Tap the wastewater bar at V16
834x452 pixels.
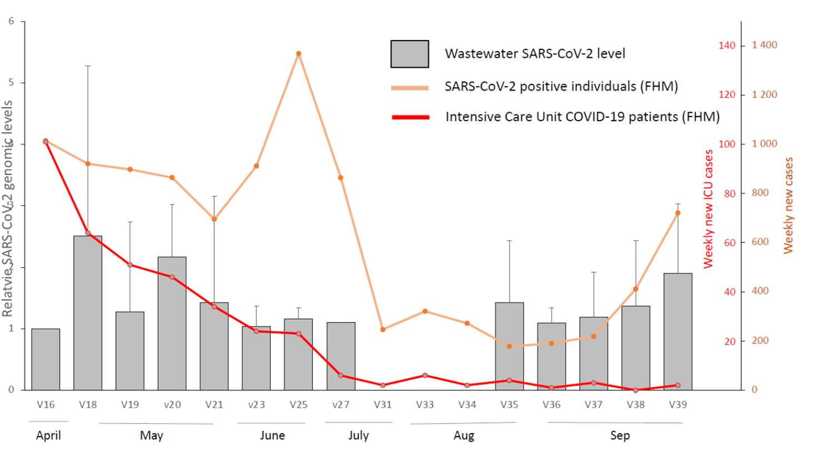pos(46,359)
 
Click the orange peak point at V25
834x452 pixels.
pos(298,54)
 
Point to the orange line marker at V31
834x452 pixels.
pos(383,330)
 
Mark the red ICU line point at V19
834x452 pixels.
pos(130,265)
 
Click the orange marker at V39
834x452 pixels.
pos(677,213)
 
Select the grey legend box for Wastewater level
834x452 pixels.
pos(409,54)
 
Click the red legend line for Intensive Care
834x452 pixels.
pos(410,117)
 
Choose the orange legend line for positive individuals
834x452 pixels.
pos(410,87)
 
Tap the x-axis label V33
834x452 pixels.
pos(425,405)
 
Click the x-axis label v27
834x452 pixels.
pos(340,405)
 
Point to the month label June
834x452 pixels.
pos(272,435)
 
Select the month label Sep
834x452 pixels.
pos(620,435)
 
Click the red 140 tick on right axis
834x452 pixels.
pos(727,46)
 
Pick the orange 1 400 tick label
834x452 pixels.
pos(764,45)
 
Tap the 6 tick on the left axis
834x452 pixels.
pos(11,22)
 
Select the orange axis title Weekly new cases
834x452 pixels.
pos(788,205)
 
